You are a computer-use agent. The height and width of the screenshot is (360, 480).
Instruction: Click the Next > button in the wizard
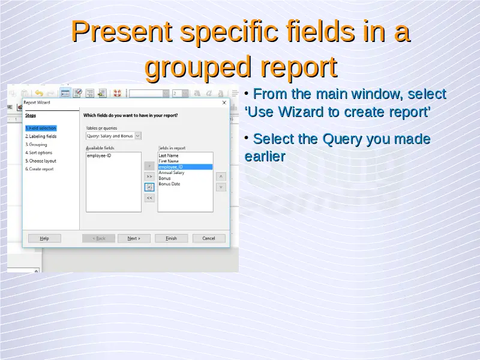(134, 238)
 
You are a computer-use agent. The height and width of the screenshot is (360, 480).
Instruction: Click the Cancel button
(209, 238)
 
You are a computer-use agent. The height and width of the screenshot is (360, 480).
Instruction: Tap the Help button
(44, 238)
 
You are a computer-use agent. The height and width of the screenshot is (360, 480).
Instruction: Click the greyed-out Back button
(98, 238)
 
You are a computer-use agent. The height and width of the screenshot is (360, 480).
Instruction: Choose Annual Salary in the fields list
(172, 173)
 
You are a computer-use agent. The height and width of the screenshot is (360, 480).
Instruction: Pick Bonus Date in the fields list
(169, 184)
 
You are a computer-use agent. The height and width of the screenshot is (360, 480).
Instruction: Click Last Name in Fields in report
(169, 155)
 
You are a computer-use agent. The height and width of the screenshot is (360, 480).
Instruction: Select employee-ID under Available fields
(99, 155)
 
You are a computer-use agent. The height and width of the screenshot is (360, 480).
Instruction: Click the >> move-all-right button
(149, 176)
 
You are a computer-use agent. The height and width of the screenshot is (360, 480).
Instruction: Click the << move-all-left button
(149, 198)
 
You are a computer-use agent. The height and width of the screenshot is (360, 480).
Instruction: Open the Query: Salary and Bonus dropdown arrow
(138, 136)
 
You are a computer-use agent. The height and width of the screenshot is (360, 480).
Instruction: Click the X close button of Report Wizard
(224, 103)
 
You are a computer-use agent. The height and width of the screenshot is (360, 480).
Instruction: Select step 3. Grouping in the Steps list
(36, 145)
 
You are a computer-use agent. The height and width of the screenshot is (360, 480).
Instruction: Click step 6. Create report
(39, 169)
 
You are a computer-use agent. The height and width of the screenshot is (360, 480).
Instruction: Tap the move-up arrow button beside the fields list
(221, 176)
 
